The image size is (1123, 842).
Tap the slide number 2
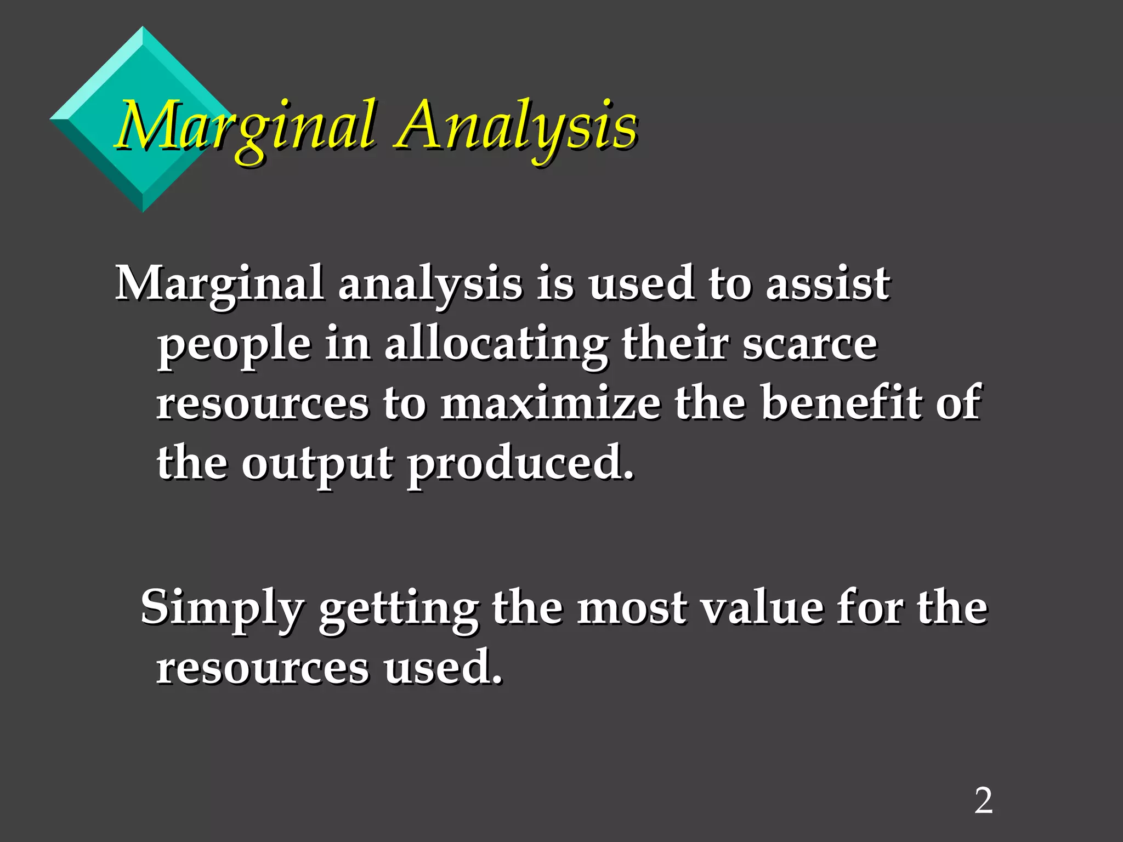[983, 801]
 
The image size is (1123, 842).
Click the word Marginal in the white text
[219, 284]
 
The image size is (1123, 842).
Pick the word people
[235, 345]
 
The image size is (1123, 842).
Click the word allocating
[496, 345]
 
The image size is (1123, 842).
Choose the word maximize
[551, 403]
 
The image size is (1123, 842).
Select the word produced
[520, 464]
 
